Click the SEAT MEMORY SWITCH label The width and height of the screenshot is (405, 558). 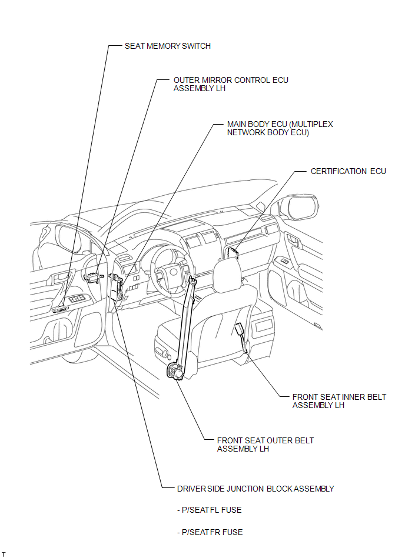[167, 46]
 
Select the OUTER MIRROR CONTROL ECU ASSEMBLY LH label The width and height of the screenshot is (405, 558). [231, 84]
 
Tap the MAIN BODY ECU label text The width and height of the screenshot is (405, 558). [280, 128]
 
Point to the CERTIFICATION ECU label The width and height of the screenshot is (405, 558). [348, 171]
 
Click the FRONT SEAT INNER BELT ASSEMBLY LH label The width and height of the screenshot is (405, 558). [339, 401]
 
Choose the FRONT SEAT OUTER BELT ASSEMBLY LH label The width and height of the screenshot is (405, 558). [265, 445]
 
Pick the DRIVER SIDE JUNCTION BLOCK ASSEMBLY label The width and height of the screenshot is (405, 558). [255, 489]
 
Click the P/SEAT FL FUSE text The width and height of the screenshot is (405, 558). [210, 510]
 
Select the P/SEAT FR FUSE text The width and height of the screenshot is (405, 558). [210, 532]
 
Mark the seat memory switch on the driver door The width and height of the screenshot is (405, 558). [62, 310]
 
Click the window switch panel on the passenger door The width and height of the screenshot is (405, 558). [284, 262]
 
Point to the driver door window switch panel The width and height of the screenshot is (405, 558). [77, 299]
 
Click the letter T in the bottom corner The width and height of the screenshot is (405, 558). [4, 554]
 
